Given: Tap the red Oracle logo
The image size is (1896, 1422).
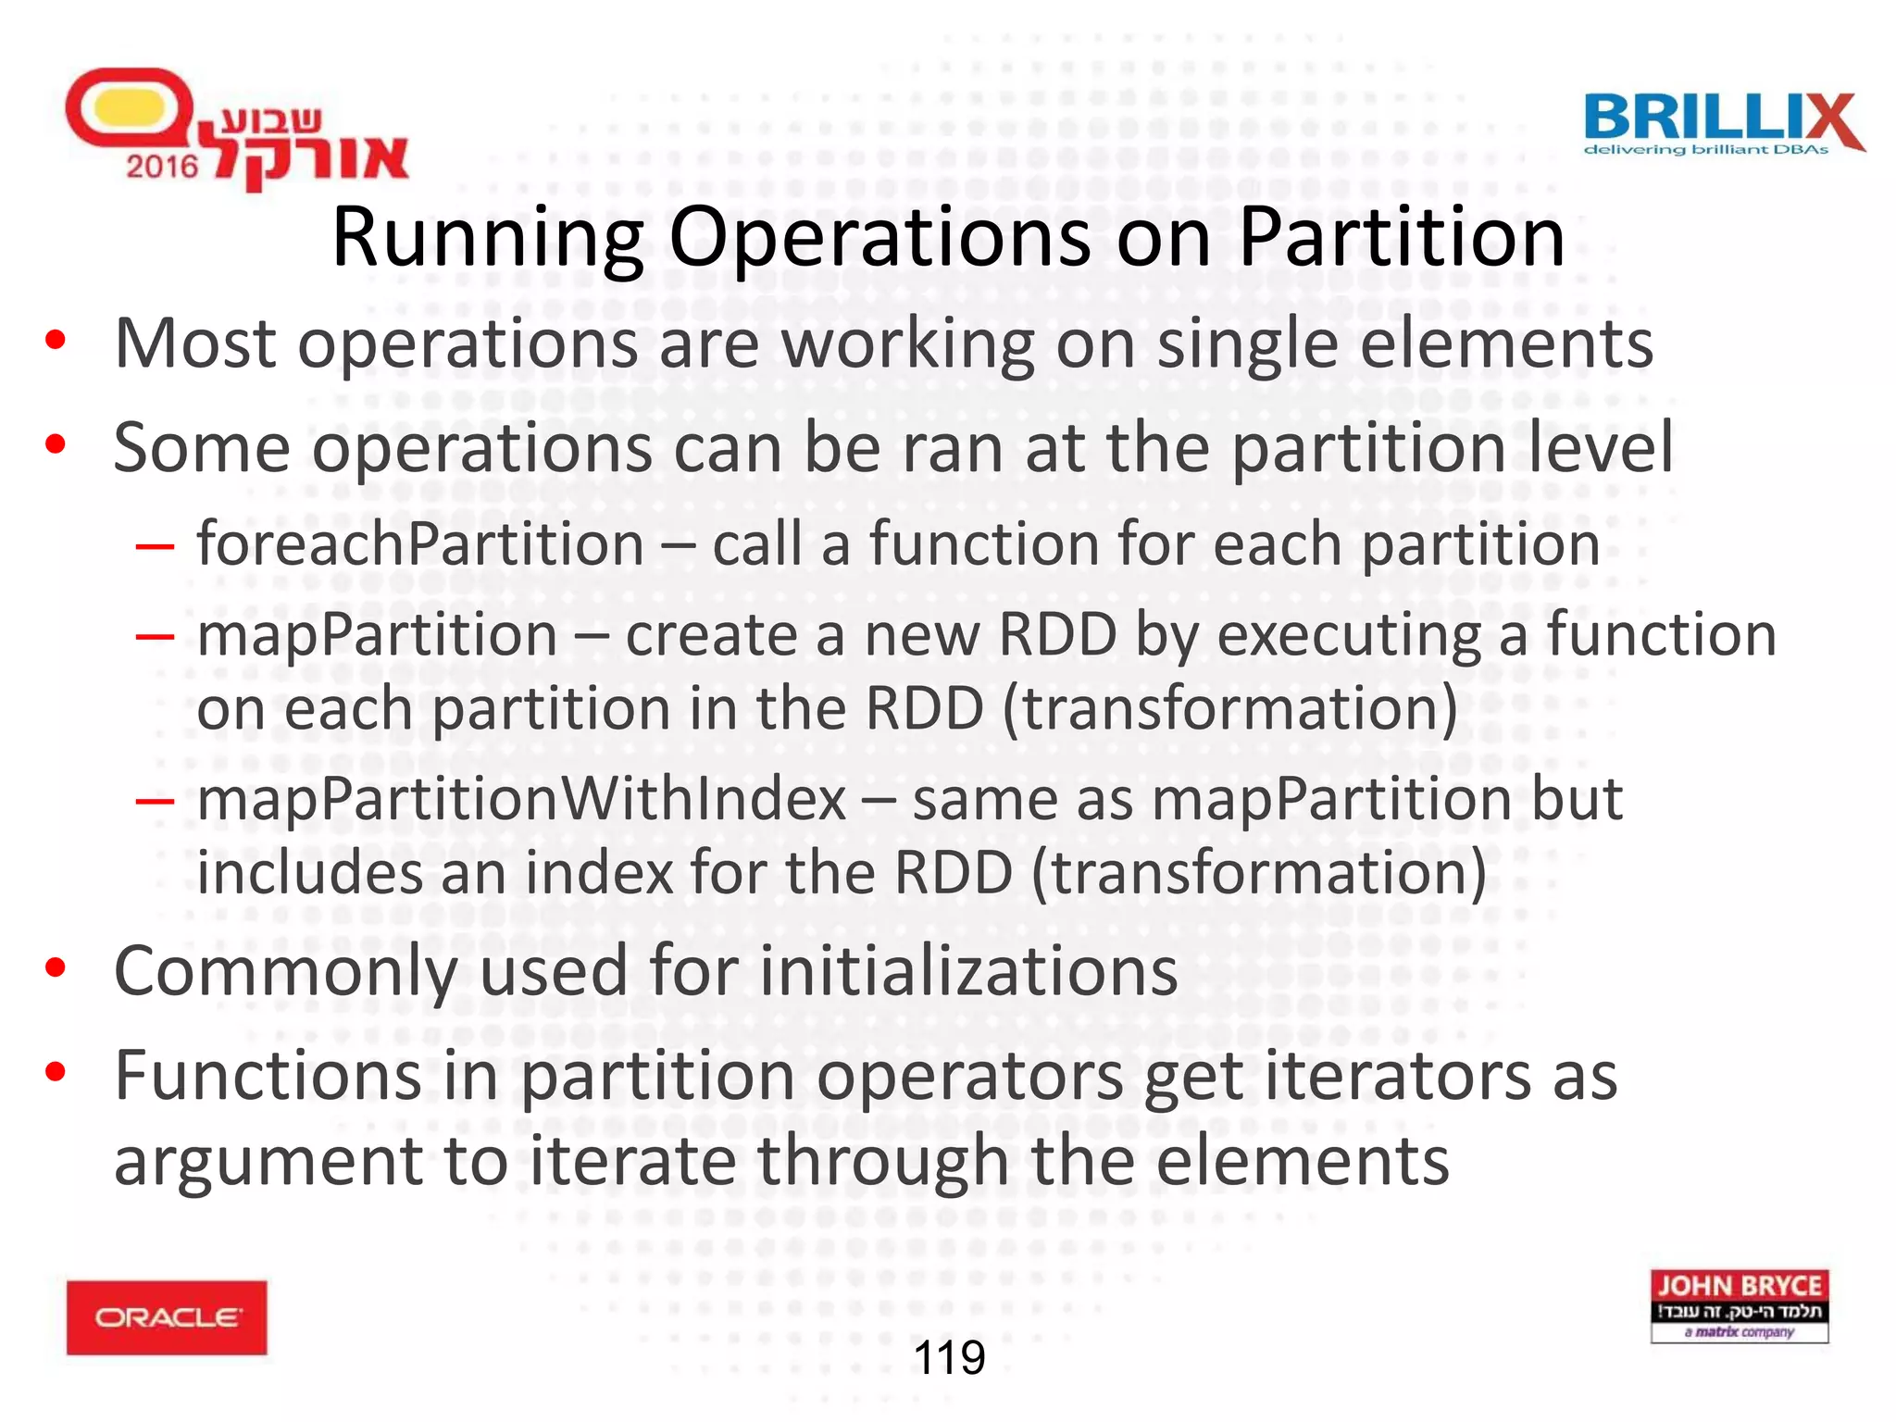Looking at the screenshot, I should point(167,1317).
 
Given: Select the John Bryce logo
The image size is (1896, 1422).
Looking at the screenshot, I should point(1739,1306).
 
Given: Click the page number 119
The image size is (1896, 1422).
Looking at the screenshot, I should point(949,1358).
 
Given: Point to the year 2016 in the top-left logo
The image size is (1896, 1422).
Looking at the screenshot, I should point(162,167).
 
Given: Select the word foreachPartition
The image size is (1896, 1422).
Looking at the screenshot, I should point(420,543).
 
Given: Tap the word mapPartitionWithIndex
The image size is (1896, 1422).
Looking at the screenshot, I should point(521,799).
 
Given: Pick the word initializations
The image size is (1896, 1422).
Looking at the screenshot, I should point(968,972).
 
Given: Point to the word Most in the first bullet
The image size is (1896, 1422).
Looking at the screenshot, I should point(195,344).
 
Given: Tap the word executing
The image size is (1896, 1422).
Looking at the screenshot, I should point(1349,636).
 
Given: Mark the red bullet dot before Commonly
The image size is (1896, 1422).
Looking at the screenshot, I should point(56,968).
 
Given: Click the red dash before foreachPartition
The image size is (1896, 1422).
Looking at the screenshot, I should point(154,546).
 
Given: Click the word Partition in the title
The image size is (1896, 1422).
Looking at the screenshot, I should point(1401,238).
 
